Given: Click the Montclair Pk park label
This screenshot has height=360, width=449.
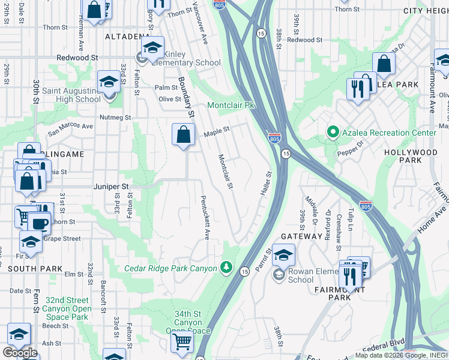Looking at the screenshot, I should (231, 105).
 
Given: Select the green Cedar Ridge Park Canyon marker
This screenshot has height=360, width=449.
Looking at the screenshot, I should (226, 267).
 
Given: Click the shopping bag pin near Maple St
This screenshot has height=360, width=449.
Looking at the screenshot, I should (184, 135).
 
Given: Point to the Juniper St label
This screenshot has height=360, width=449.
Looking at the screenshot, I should (112, 187).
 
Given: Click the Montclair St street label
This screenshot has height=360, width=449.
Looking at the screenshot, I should (224, 172).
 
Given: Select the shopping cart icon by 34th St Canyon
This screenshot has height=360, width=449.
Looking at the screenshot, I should (182, 343).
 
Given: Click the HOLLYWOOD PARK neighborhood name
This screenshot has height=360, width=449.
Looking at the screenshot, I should (411, 157).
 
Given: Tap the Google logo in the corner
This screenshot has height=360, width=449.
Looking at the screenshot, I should (20, 353).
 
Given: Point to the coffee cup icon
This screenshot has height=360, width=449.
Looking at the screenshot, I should (40, 223).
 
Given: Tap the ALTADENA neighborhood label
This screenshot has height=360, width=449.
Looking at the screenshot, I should (127, 37).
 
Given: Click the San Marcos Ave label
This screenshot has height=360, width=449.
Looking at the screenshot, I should (71, 127).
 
